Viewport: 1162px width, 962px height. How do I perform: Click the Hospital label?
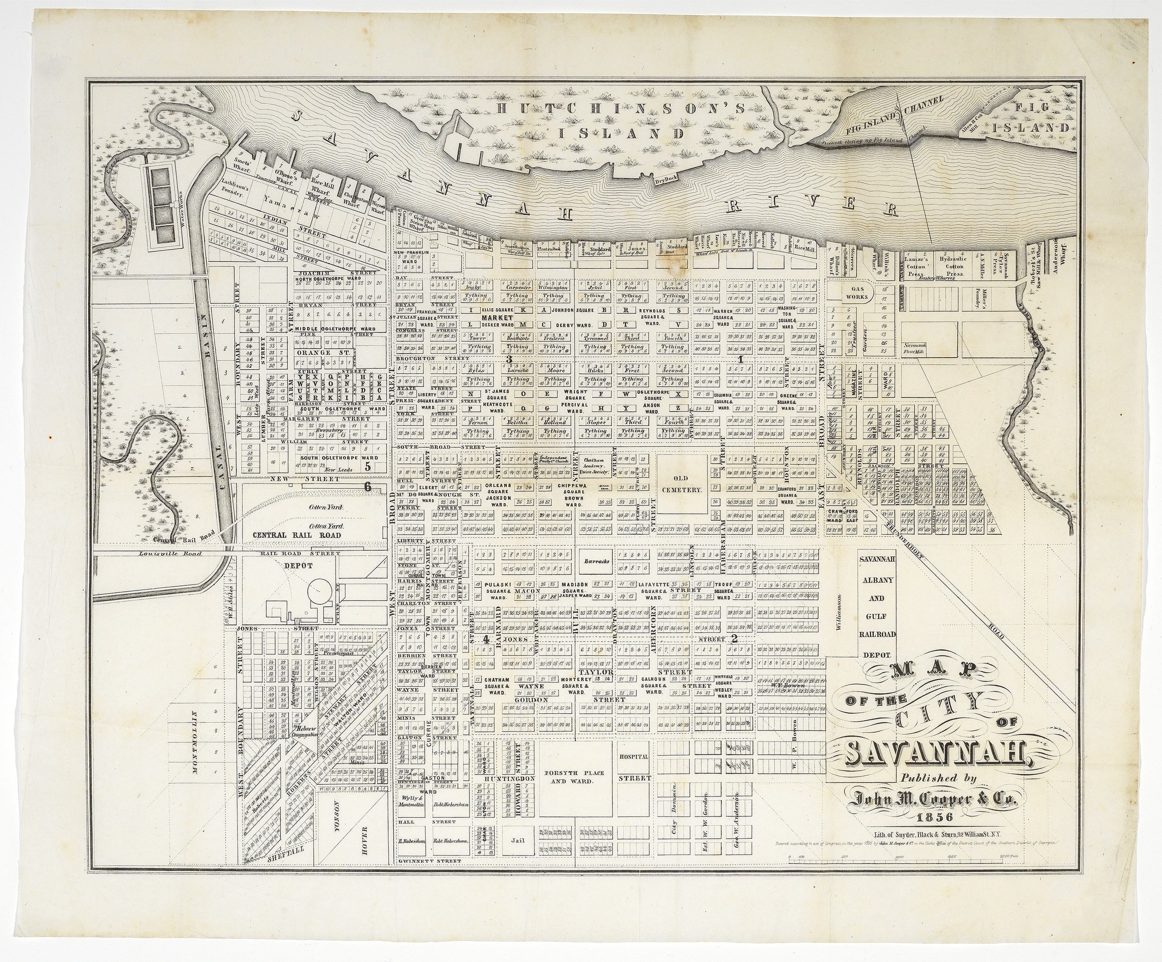(634, 756)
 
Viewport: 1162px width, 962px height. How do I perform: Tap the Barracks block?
(596, 561)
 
